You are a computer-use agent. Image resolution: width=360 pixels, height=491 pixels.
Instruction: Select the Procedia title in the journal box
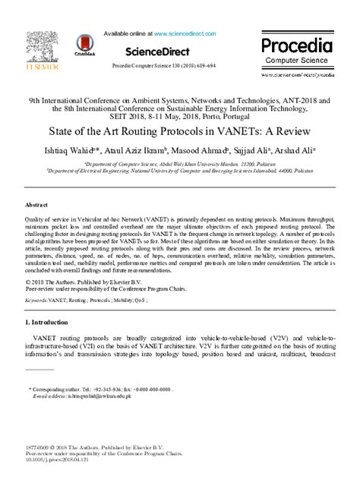click(297, 45)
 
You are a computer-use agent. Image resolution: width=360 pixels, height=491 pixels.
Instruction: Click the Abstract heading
click(38, 205)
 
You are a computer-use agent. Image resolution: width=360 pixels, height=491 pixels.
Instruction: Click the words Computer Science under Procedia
click(297, 61)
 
